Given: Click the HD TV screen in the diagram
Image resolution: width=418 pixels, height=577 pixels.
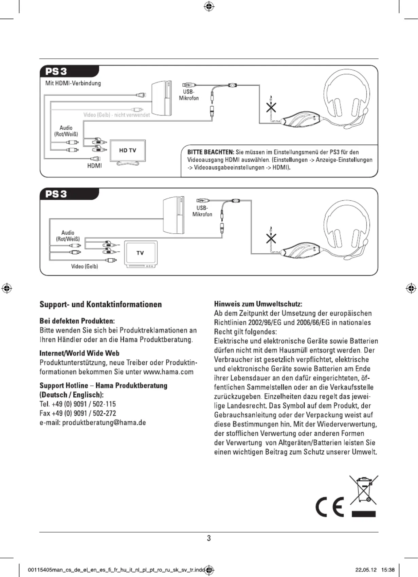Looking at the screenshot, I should [x=128, y=150].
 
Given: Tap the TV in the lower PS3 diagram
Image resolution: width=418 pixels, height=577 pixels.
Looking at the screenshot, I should [x=141, y=253].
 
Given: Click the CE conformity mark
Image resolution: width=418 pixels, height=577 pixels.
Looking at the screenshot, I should [x=329, y=507].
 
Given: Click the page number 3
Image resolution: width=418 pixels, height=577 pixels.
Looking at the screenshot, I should [x=209, y=538].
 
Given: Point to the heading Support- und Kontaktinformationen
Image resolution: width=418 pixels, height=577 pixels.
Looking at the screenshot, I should [x=101, y=304].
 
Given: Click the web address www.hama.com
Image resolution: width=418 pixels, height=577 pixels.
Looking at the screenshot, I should [x=168, y=372].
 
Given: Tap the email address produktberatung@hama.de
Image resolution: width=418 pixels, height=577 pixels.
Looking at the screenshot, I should [x=104, y=423].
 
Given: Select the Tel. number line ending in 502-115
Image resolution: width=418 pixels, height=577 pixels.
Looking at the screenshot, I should [x=78, y=404].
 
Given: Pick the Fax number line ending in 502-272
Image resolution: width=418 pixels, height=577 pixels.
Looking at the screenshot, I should [x=78, y=413].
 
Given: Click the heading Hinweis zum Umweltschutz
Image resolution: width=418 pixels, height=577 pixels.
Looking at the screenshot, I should [x=258, y=304].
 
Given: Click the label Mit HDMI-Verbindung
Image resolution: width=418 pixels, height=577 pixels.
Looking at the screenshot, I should [x=73, y=83].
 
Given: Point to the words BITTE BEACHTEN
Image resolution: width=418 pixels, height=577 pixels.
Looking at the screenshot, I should [x=211, y=152].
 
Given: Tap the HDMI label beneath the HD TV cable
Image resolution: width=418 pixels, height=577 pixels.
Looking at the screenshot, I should [x=94, y=166].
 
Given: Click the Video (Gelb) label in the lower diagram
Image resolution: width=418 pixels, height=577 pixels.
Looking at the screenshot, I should [x=85, y=267].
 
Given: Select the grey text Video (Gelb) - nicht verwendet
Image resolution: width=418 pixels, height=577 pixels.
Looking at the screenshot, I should [x=116, y=115].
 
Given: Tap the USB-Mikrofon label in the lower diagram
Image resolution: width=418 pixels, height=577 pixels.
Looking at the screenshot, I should [x=202, y=211].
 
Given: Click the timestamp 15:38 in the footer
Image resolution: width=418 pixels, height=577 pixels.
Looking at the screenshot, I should [x=388, y=570].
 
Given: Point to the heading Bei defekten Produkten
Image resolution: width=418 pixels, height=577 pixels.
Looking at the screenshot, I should [x=77, y=321].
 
